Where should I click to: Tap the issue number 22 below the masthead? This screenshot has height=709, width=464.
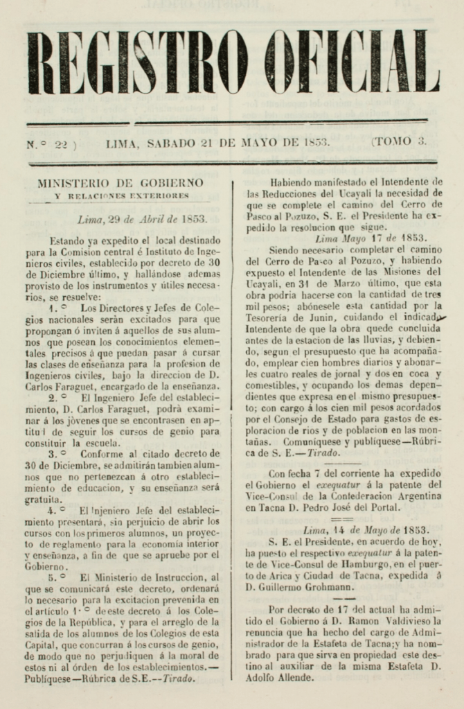61,143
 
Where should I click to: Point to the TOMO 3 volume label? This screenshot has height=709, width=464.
400,143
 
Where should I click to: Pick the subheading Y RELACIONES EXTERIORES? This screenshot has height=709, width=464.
121,196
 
